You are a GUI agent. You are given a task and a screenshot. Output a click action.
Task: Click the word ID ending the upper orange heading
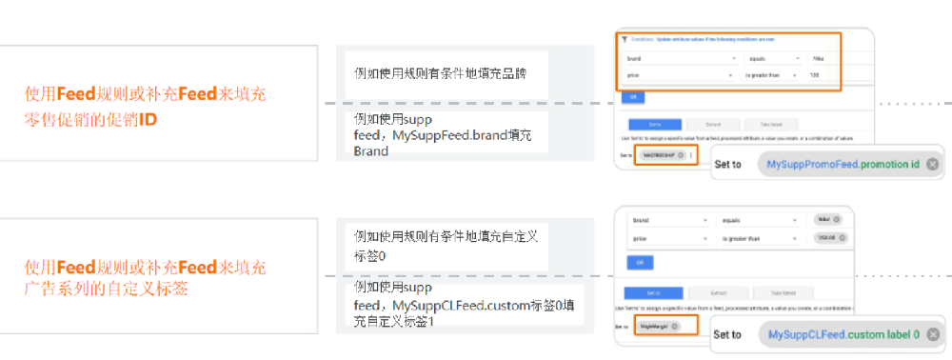point(149,121)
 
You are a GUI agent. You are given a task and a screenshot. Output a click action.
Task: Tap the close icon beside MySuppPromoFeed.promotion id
point(932,164)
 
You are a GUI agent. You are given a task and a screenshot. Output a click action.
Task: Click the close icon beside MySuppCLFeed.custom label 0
point(932,334)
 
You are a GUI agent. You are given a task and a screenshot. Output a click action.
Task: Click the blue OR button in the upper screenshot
point(630,96)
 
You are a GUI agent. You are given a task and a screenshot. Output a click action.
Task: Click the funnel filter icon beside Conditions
point(624,39)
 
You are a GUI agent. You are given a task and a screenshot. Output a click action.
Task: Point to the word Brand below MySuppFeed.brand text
point(370,151)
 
